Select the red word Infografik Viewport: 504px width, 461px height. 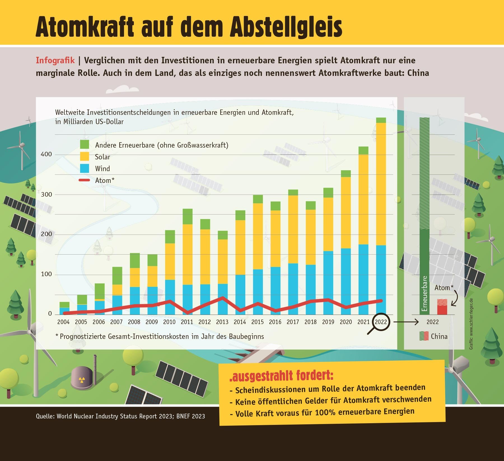(55, 60)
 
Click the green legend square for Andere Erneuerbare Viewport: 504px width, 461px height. (85, 145)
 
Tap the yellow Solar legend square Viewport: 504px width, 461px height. (85, 156)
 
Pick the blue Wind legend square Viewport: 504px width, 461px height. (85, 168)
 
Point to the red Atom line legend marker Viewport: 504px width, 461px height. (85, 180)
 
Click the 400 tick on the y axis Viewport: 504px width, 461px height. (46, 154)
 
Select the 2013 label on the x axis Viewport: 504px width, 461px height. (222, 322)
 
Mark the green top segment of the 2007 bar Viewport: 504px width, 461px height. (117, 276)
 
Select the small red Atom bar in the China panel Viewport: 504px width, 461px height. (442, 308)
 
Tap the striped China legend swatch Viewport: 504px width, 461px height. (424, 336)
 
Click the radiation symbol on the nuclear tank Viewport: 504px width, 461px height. (81, 380)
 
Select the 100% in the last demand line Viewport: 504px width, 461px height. (325, 413)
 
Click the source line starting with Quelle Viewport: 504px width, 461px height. (120, 416)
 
